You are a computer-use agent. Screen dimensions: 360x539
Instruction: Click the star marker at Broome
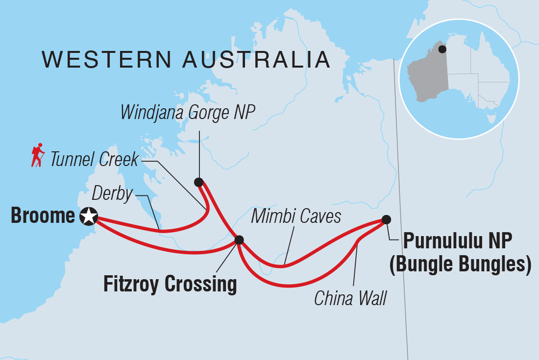[89, 216]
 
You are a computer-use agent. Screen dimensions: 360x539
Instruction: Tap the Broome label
[43, 216]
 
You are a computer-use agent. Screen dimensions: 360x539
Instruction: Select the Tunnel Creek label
[95, 160]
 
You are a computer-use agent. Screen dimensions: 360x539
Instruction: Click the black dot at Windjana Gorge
[198, 182]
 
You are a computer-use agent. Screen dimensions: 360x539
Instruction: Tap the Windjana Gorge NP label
[189, 113]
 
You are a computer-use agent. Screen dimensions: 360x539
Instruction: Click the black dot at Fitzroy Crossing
[239, 240]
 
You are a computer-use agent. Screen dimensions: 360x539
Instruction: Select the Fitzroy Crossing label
[170, 284]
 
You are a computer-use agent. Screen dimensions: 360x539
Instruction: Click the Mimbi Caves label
[296, 216]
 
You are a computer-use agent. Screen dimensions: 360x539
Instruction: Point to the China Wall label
[350, 298]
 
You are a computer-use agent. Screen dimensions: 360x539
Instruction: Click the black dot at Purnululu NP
[386, 219]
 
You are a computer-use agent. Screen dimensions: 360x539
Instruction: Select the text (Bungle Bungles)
[460, 265]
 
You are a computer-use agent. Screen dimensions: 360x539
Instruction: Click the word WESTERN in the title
[107, 60]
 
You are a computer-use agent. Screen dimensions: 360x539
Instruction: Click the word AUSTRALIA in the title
[256, 60]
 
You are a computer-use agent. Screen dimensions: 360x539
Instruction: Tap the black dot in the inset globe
[442, 49]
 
